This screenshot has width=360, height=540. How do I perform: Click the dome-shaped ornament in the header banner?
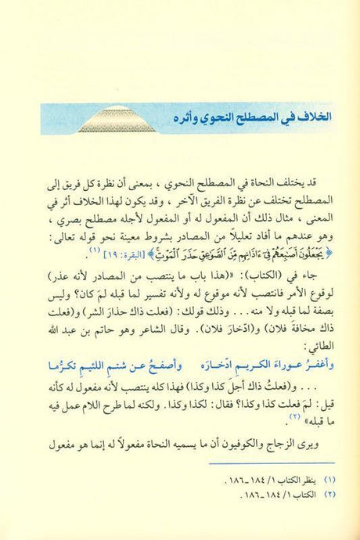pos(108,119)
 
